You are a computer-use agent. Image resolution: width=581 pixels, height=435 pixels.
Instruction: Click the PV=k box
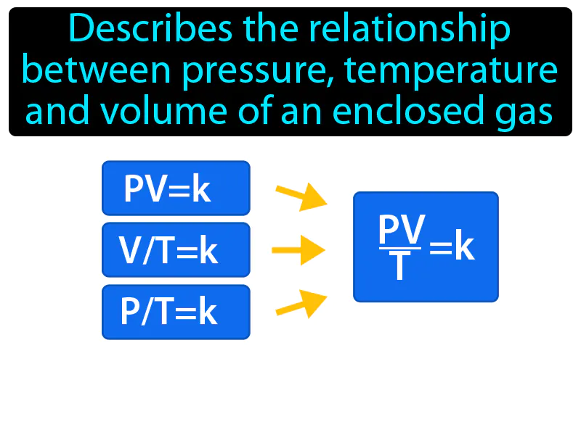[176, 188]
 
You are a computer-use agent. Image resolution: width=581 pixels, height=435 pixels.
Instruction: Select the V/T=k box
[176, 250]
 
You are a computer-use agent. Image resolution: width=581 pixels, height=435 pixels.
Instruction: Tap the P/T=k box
[176, 312]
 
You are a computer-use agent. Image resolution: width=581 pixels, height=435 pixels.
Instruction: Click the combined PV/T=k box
[426, 246]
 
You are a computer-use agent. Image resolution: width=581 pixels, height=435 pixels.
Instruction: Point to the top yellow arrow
[301, 196]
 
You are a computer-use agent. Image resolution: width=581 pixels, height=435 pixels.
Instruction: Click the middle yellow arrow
[298, 250]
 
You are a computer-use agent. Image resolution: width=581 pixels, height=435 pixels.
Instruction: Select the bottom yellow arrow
[301, 304]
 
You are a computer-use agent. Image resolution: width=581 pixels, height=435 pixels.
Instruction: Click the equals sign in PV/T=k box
[441, 249]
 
